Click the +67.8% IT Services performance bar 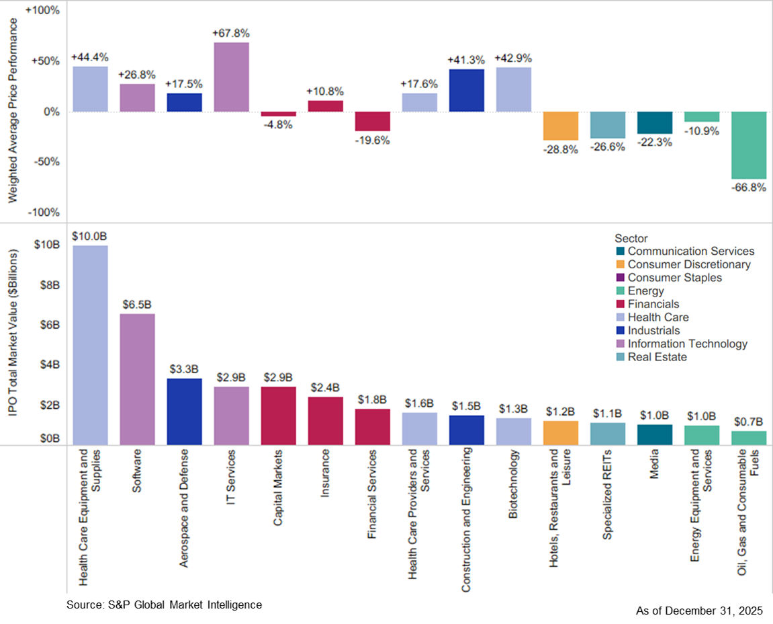(x=231, y=77)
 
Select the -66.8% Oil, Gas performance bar (x=748, y=145)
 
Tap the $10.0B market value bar (x=90, y=344)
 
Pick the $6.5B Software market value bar (x=137, y=379)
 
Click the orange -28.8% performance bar (x=560, y=126)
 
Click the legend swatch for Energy (x=620, y=291)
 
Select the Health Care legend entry (x=657, y=317)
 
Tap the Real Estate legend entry (x=657, y=357)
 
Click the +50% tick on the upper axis (x=44, y=61)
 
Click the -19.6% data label (x=372, y=141)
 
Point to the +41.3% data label (x=466, y=60)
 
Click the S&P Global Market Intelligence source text (x=164, y=605)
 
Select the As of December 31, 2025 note (x=698, y=611)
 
